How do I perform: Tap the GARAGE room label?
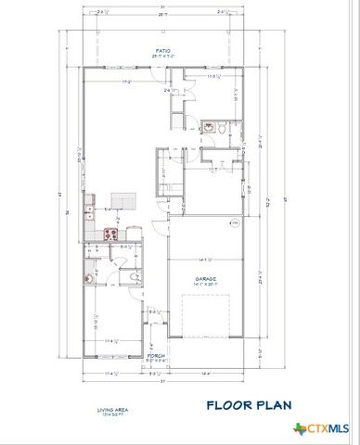tap(205, 277)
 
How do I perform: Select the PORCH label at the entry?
tap(156, 355)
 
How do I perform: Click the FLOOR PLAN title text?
tap(250, 404)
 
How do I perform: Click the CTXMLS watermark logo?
tap(322, 427)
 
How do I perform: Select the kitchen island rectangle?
tap(124, 201)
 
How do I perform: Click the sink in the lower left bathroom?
tap(89, 276)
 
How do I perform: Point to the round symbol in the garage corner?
tap(236, 224)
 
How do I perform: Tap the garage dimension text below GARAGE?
tap(205, 285)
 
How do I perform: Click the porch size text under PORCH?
tap(156, 362)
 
